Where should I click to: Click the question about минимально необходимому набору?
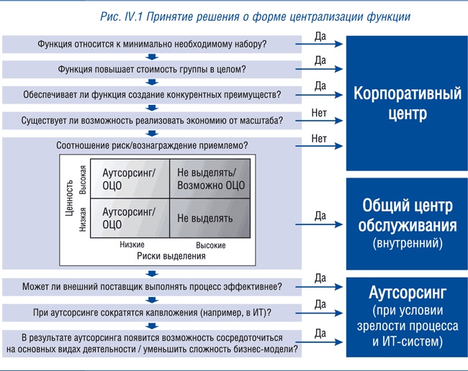[152, 45]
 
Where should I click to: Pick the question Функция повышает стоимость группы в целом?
[152, 70]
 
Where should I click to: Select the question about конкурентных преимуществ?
[152, 95]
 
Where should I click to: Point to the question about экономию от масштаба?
[152, 119]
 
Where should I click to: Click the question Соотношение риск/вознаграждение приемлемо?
[152, 145]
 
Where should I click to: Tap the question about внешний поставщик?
[152, 287]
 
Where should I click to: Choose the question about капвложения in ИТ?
[152, 312]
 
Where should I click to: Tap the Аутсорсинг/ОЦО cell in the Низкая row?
[130, 218]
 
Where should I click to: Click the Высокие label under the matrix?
[210, 245]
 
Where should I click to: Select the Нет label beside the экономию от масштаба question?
[320, 113]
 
